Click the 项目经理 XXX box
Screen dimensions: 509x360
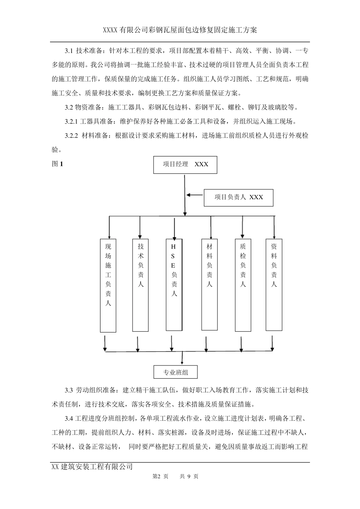[x=185, y=164]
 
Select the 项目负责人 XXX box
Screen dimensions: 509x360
[x=238, y=197]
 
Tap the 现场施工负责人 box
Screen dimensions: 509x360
[x=108, y=285]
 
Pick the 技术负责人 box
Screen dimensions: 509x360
[x=141, y=284]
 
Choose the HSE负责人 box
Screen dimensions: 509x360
[x=174, y=285]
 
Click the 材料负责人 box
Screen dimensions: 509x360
[x=210, y=284]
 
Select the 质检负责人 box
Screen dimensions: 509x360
[x=243, y=285]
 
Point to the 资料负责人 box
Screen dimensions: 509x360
[x=274, y=284]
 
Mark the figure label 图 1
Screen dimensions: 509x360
[x=57, y=164]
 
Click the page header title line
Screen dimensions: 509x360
[x=180, y=30]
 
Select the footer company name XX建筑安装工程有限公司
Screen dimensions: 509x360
[x=92, y=467]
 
